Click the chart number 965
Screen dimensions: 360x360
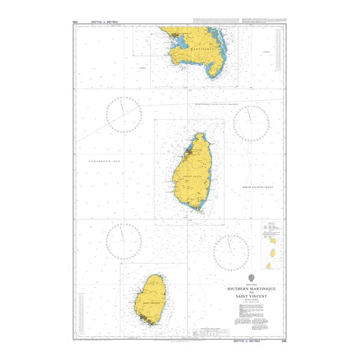(75, 22)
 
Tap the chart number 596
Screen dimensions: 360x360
(284, 341)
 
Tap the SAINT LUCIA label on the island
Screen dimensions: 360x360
(192, 176)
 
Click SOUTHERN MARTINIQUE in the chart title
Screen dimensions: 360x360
(251, 288)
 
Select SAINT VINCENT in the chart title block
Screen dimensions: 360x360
(251, 296)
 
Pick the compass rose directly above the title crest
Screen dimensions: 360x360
(232, 251)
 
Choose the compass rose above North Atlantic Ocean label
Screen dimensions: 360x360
(251, 124)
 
